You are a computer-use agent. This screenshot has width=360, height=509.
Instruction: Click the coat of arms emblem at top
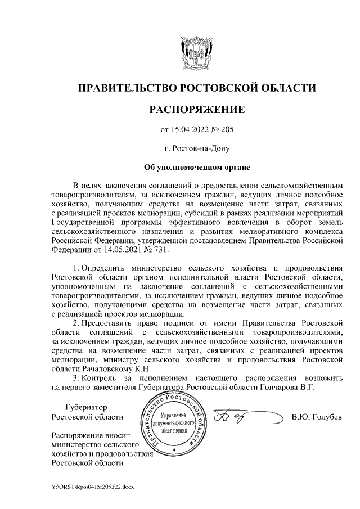[x=197, y=53]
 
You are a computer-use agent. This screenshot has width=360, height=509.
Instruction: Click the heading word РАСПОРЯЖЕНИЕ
[x=197, y=109]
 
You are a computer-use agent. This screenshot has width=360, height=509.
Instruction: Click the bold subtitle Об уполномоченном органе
[x=197, y=167]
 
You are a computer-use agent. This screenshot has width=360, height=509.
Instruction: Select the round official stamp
[x=175, y=424]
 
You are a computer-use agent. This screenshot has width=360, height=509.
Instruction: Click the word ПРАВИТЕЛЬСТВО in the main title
[x=125, y=88]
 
